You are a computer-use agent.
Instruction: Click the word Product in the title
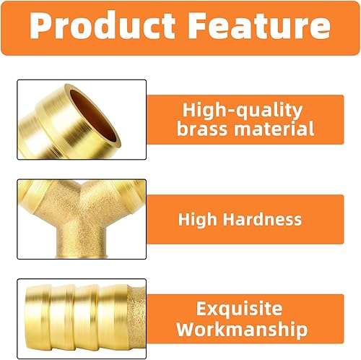point(103,25)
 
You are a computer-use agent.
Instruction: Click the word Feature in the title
point(259,25)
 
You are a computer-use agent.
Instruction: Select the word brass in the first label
point(202,129)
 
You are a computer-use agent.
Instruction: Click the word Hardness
point(262,219)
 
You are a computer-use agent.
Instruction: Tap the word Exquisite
point(239,309)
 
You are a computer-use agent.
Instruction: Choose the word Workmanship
point(242,329)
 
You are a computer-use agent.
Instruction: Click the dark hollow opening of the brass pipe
point(95,116)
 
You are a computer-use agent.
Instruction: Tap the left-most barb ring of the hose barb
point(38,318)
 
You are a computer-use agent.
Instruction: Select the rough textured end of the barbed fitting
point(136,317)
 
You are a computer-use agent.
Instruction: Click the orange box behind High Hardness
point(245,219)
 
